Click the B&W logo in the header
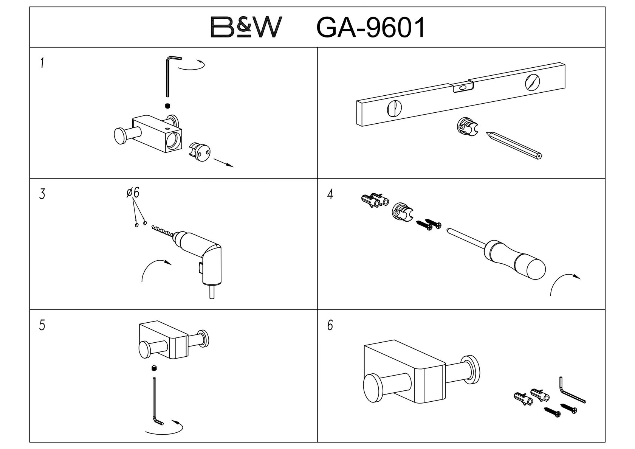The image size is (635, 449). pyautogui.click(x=246, y=27)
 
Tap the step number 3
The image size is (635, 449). pyautogui.click(x=42, y=194)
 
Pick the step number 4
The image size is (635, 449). pyautogui.click(x=330, y=195)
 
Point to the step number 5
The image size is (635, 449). pyautogui.click(x=42, y=325)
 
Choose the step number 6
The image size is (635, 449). pyautogui.click(x=330, y=325)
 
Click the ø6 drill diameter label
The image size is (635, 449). pyautogui.click(x=133, y=193)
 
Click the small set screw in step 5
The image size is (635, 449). pyautogui.click(x=154, y=367)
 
